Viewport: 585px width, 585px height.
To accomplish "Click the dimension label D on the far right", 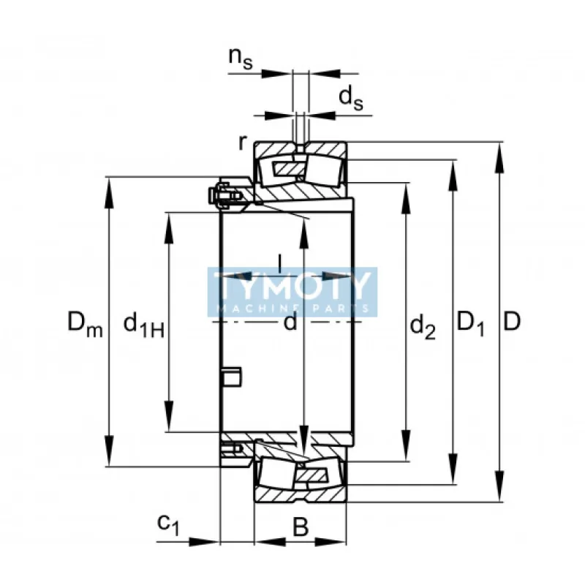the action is [511, 322].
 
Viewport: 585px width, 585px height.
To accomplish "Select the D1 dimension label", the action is [471, 324].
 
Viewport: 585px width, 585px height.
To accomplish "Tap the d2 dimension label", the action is [423, 327].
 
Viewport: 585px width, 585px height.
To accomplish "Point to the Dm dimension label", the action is [85, 324].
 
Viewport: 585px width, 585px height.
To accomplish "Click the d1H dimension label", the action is [143, 325].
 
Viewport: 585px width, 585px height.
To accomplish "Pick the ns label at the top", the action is [241, 58].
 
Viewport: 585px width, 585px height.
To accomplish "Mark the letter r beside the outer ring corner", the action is [243, 142].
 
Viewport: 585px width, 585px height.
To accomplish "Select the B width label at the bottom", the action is [301, 526].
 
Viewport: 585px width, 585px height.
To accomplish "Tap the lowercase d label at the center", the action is [290, 322].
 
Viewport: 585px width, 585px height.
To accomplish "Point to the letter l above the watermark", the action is [280, 263].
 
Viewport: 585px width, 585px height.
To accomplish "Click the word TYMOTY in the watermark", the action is [292, 285].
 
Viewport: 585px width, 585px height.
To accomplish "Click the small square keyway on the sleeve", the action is [232, 377].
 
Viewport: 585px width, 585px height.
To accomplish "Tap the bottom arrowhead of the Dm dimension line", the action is [109, 450].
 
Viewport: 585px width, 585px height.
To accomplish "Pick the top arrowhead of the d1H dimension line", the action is [169, 228].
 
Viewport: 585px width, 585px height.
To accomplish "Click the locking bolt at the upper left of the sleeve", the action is [225, 195].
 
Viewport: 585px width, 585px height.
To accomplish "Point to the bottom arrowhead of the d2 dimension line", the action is [406, 445].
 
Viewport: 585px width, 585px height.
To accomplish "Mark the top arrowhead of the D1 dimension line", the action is [453, 175].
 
